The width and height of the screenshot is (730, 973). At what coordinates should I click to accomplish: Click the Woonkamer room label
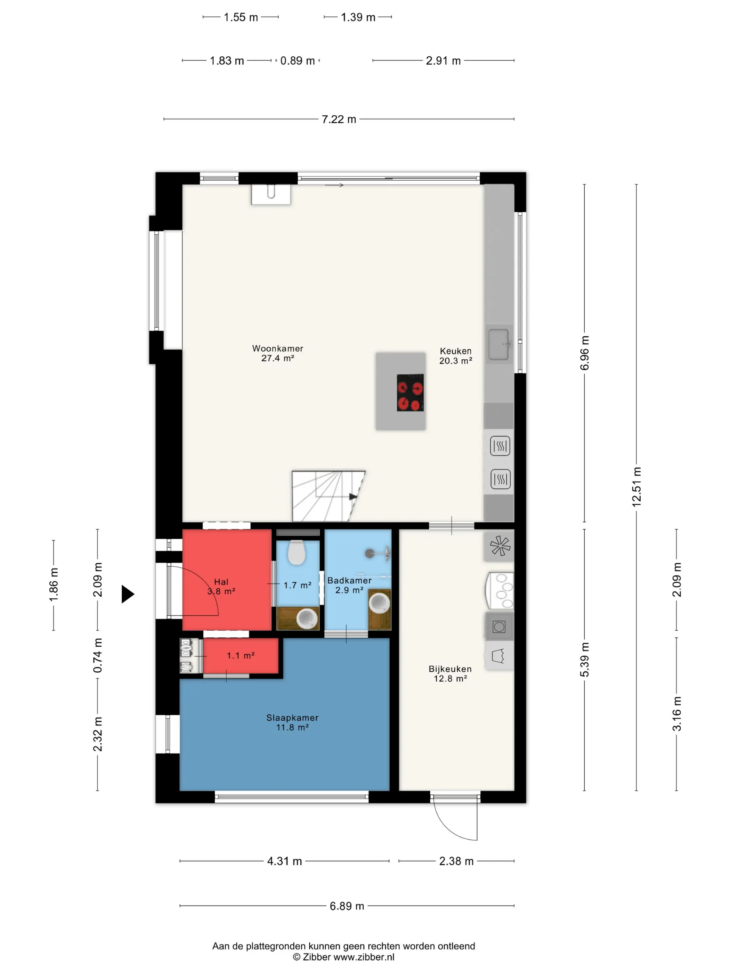click(278, 349)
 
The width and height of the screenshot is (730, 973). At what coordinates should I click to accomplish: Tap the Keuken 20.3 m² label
click(455, 356)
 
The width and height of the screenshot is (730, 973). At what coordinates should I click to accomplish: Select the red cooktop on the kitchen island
click(410, 393)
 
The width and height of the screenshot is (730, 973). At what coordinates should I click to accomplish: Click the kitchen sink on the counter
click(499, 345)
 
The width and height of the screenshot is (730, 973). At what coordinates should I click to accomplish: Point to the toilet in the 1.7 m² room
click(297, 553)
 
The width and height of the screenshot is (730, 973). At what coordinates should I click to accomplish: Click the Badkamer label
click(349, 581)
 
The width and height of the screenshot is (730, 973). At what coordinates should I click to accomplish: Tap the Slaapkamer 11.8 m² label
click(292, 722)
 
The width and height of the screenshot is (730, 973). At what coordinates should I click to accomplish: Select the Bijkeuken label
click(450, 669)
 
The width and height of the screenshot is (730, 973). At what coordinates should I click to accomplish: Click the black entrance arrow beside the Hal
click(128, 594)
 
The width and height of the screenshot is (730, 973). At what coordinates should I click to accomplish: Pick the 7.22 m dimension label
click(339, 119)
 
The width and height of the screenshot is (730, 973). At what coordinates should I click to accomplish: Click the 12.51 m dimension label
click(636, 486)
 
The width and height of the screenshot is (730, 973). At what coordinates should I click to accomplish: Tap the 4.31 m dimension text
click(284, 861)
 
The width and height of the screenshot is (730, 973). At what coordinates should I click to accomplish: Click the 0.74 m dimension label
click(97, 655)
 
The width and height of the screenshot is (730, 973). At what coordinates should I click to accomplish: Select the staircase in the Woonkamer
click(328, 496)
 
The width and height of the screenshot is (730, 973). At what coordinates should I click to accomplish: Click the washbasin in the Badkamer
click(379, 602)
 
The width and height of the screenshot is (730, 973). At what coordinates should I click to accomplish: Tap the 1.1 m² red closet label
click(241, 655)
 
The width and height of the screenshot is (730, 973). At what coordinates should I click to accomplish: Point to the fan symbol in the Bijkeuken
click(500, 546)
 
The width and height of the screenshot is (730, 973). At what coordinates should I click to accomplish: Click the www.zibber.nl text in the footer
click(364, 957)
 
